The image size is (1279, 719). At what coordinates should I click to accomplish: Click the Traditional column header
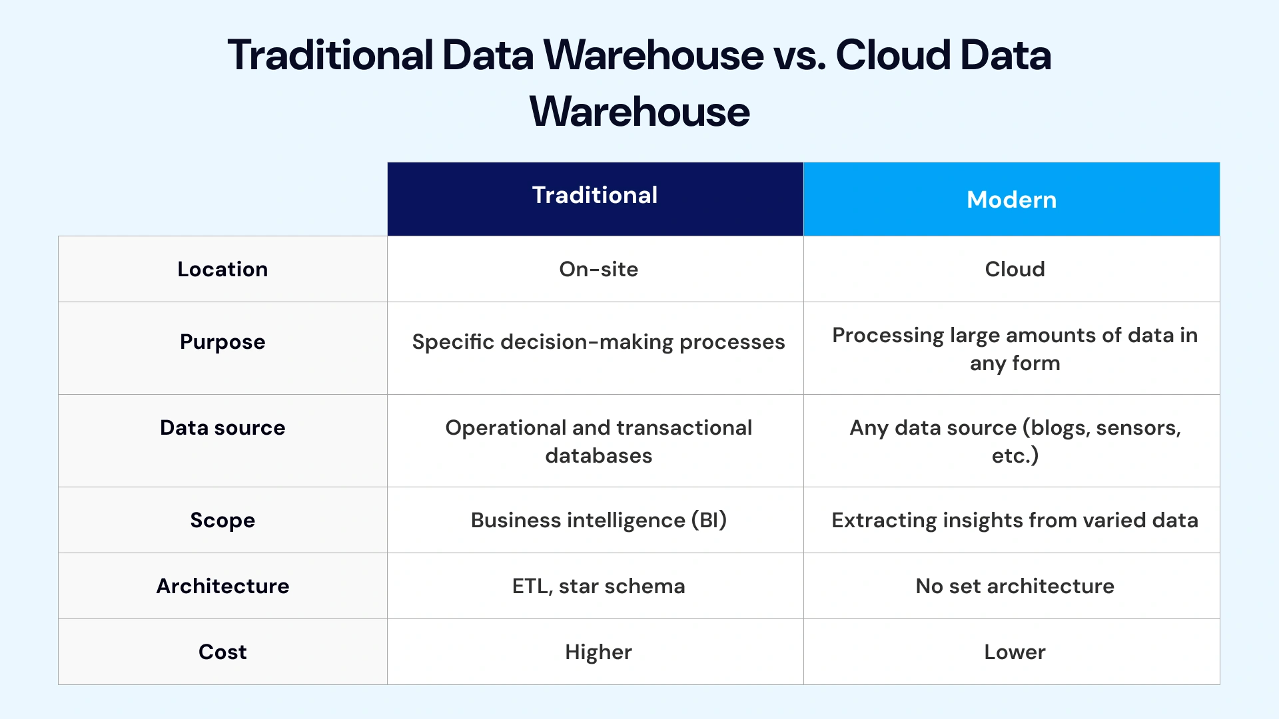click(x=595, y=196)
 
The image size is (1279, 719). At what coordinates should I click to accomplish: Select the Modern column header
click(x=1011, y=200)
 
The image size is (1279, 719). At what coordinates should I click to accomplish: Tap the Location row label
click(x=222, y=269)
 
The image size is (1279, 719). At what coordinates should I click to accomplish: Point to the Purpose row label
click(x=222, y=342)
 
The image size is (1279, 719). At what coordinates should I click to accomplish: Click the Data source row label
click(x=222, y=427)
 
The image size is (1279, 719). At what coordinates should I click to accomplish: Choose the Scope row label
click(x=222, y=520)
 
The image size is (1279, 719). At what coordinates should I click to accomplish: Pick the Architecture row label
click(x=222, y=586)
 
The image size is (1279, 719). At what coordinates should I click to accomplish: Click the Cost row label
click(x=222, y=652)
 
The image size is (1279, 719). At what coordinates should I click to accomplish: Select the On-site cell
click(x=598, y=269)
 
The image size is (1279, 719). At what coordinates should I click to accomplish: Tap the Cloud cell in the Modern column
click(x=1015, y=269)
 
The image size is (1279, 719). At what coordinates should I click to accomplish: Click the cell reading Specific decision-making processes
click(x=598, y=342)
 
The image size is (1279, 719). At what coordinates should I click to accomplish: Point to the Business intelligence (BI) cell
click(x=598, y=520)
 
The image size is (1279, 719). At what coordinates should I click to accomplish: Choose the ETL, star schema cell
click(x=598, y=586)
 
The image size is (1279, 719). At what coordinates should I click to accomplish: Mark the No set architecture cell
click(x=1015, y=586)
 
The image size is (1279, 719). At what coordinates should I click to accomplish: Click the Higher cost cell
click(x=598, y=652)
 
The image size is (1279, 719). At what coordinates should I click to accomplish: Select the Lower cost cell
click(x=1015, y=652)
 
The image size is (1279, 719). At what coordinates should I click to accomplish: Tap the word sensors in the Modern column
click(x=1138, y=428)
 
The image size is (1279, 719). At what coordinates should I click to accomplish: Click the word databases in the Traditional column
click(x=598, y=456)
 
